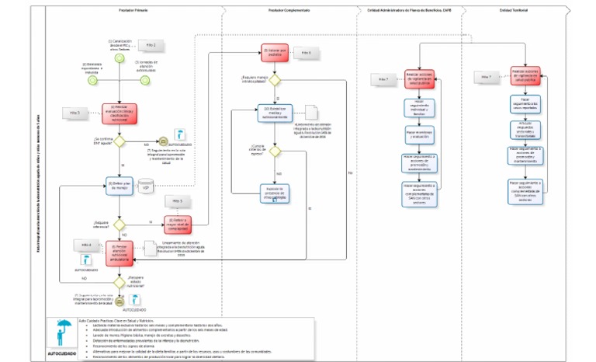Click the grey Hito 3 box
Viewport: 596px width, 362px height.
76,113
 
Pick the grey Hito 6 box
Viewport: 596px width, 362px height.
306,53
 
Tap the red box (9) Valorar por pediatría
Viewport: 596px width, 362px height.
275,54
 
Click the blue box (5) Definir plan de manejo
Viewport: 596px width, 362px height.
119,185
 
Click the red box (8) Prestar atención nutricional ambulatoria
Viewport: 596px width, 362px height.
119,250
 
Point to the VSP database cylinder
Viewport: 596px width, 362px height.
144,186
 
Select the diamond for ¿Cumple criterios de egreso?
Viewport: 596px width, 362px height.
275,151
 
